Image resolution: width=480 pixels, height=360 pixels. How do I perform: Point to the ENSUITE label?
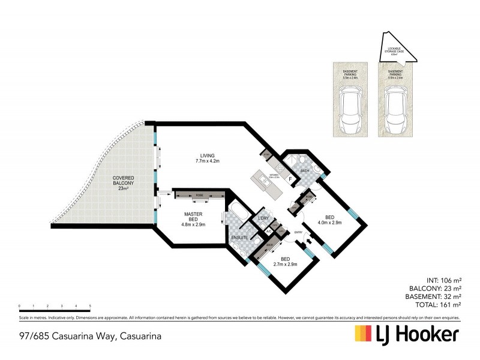[240, 238]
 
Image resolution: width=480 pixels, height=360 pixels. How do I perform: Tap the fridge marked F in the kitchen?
[290, 179]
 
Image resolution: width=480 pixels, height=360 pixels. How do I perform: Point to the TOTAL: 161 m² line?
[436, 304]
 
